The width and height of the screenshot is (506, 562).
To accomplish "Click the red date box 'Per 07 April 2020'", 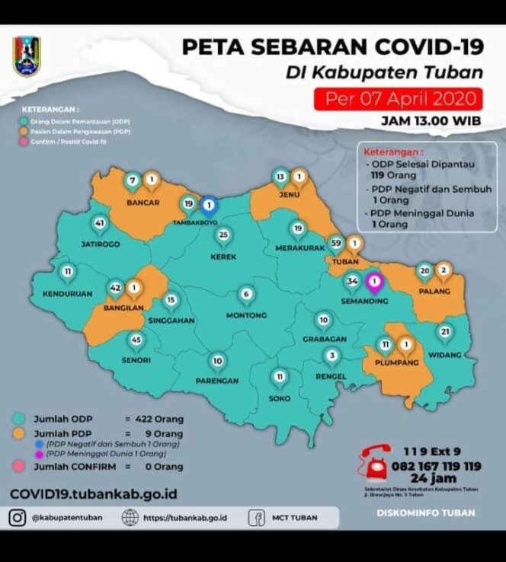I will tap(399, 99).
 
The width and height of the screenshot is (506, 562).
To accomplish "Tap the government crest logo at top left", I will tap(27, 57).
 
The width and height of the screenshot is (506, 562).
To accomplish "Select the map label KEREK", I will tap(223, 257).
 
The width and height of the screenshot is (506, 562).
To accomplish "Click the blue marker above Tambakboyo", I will tap(209, 204).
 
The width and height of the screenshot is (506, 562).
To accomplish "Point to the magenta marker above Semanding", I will tap(374, 282).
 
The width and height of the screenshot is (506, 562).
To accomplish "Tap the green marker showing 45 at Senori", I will tap(136, 340).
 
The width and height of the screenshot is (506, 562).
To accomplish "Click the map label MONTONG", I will tap(246, 315).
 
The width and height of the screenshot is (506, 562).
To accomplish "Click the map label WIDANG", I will tap(445, 354).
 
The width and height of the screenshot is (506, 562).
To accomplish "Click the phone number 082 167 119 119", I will tap(437, 466).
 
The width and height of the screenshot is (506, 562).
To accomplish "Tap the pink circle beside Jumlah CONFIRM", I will tap(19, 466).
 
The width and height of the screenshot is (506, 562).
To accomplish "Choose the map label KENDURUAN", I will tap(67, 293).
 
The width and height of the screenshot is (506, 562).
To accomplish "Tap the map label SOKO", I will tap(279, 398).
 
